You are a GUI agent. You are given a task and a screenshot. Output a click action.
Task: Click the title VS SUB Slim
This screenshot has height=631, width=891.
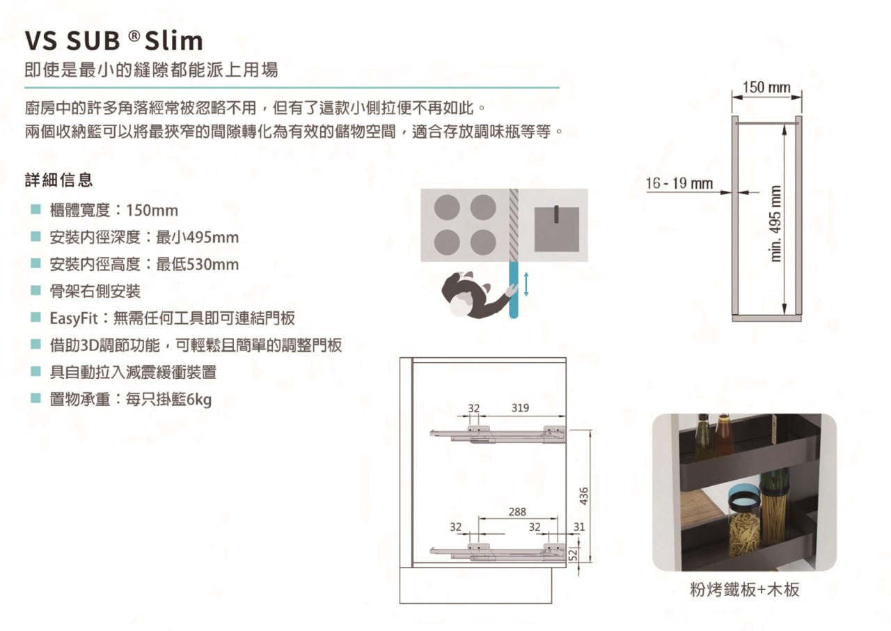pyautogui.click(x=113, y=40)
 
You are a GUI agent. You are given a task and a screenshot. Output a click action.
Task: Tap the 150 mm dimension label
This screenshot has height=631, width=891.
pyautogui.click(x=766, y=87)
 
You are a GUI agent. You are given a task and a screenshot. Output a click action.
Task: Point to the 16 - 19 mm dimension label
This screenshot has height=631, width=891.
pyautogui.click(x=679, y=183)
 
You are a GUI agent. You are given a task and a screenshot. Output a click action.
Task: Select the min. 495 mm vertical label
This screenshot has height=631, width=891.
pyautogui.click(x=775, y=224)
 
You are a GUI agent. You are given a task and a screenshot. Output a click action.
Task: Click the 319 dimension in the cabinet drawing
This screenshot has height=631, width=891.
pyautogui.click(x=520, y=408)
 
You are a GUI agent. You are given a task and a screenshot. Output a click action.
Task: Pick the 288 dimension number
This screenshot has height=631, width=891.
pyautogui.click(x=517, y=512)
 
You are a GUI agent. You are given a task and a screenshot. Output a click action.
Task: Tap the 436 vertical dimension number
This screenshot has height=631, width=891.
pyautogui.click(x=584, y=496)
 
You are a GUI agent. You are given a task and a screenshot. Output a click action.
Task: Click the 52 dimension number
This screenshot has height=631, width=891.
pyautogui.click(x=573, y=554)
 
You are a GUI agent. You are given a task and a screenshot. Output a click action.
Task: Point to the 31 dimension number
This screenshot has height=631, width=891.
pyautogui.click(x=579, y=527)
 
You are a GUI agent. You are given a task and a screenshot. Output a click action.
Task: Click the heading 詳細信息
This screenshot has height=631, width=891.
pyautogui.click(x=59, y=180)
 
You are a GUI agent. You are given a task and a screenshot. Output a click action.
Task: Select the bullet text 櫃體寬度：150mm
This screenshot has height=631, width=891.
pyautogui.click(x=113, y=210)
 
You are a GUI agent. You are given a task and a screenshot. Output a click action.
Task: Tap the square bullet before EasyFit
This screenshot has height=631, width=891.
pyautogui.click(x=36, y=318)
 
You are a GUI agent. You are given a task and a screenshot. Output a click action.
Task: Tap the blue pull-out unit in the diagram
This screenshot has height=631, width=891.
pyautogui.click(x=514, y=290)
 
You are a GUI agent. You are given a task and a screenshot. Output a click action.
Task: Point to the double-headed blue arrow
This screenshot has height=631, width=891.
pyautogui.click(x=526, y=284)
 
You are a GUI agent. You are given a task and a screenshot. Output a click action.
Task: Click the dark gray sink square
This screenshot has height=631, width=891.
pyautogui.click(x=556, y=229)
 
